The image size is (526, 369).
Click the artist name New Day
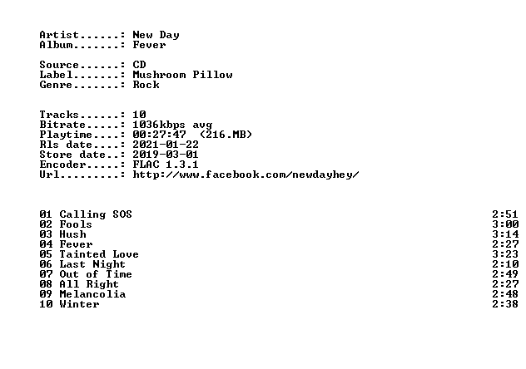point(156,35)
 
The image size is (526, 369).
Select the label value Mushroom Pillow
point(182,75)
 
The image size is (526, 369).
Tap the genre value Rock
point(146,85)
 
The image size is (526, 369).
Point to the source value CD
point(139,65)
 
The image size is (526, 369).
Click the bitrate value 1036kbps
point(159,125)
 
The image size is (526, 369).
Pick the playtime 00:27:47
point(159,135)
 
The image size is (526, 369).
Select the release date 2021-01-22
point(166,145)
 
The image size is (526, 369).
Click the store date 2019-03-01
point(166,155)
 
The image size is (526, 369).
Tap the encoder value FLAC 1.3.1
point(166,165)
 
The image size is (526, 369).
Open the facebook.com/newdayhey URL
point(246,175)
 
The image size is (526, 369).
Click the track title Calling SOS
point(96,214)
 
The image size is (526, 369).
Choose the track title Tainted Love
point(99,254)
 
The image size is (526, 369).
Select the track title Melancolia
point(92,294)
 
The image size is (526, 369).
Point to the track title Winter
point(79,304)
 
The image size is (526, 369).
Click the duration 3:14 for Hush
point(505,234)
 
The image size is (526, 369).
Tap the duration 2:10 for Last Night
point(505,264)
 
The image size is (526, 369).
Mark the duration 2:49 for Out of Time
point(505,274)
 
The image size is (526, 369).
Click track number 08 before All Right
point(46,284)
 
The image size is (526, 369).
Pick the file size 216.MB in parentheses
point(226,135)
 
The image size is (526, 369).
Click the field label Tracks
point(59,115)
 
